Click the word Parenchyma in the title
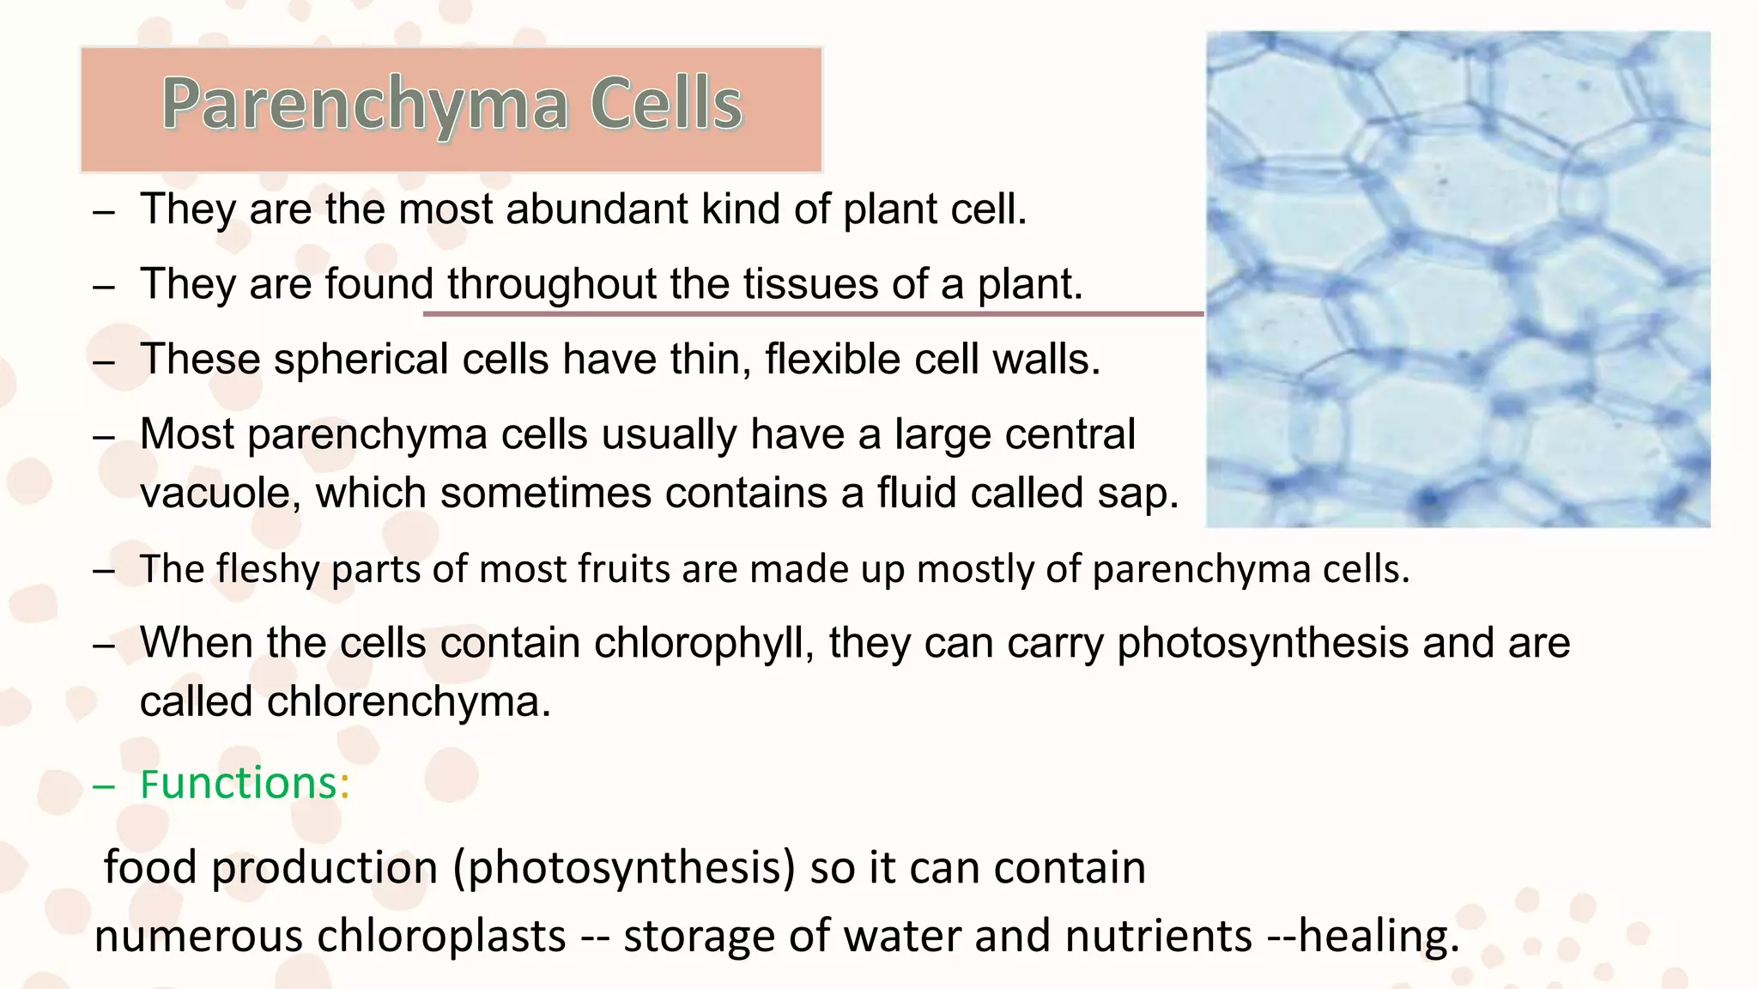(365, 106)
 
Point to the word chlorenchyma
(409, 702)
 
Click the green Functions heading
(239, 784)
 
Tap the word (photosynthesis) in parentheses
(624, 868)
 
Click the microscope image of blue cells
(1458, 279)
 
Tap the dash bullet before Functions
(104, 786)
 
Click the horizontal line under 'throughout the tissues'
(813, 314)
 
